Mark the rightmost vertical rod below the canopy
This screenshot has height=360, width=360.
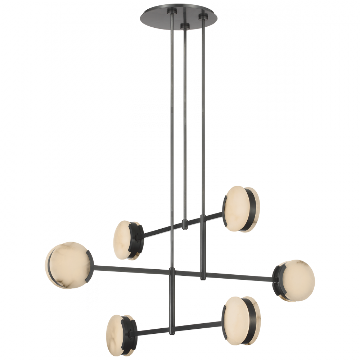203,126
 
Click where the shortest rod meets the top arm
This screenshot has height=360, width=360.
185,224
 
